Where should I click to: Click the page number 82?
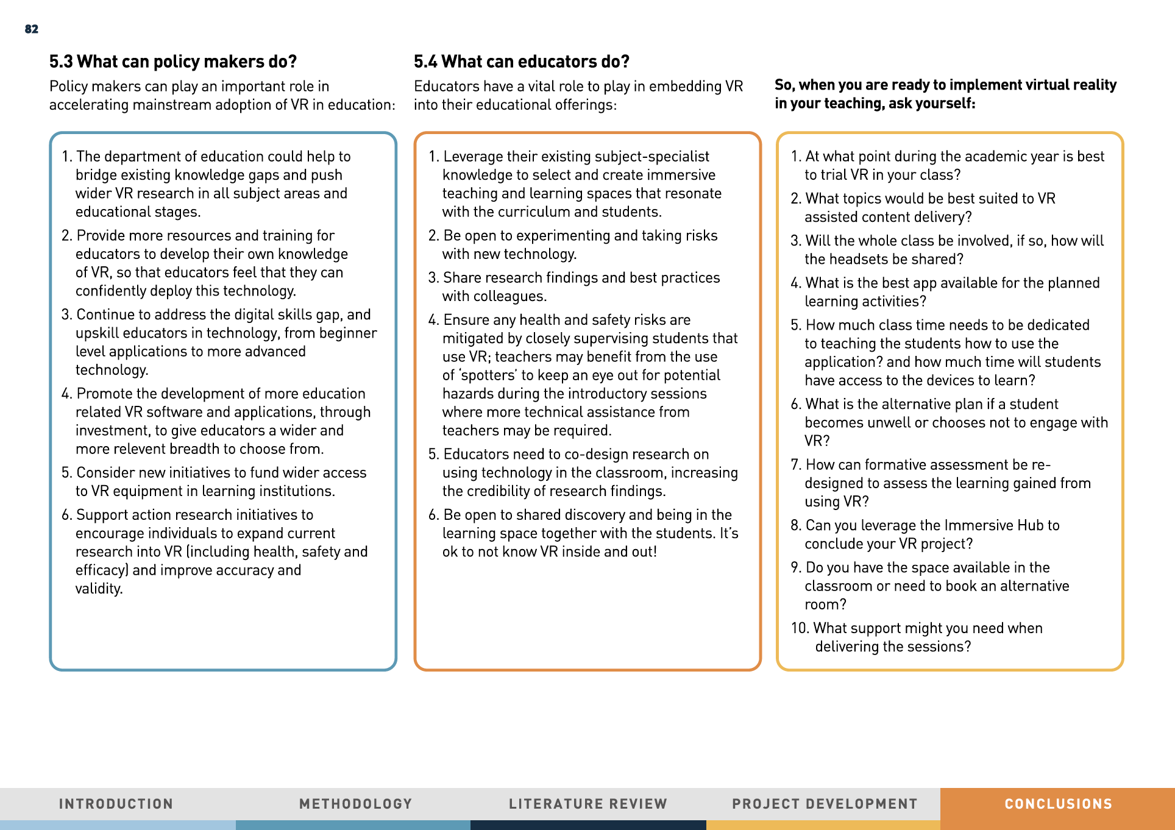pyautogui.click(x=32, y=29)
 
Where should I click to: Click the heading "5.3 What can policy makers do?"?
pyautogui.click(x=172, y=62)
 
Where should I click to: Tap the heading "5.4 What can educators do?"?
pyautogui.click(x=521, y=62)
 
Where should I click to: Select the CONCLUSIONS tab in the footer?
pyautogui.click(x=1058, y=804)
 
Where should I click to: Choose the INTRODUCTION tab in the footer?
pyautogui.click(x=116, y=804)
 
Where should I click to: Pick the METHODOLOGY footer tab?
pyautogui.click(x=355, y=804)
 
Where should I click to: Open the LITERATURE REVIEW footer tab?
pyautogui.click(x=588, y=804)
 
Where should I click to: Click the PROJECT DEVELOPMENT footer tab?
pyautogui.click(x=825, y=804)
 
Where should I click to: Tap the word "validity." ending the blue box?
pyautogui.click(x=99, y=589)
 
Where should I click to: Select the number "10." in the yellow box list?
pyautogui.click(x=800, y=628)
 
